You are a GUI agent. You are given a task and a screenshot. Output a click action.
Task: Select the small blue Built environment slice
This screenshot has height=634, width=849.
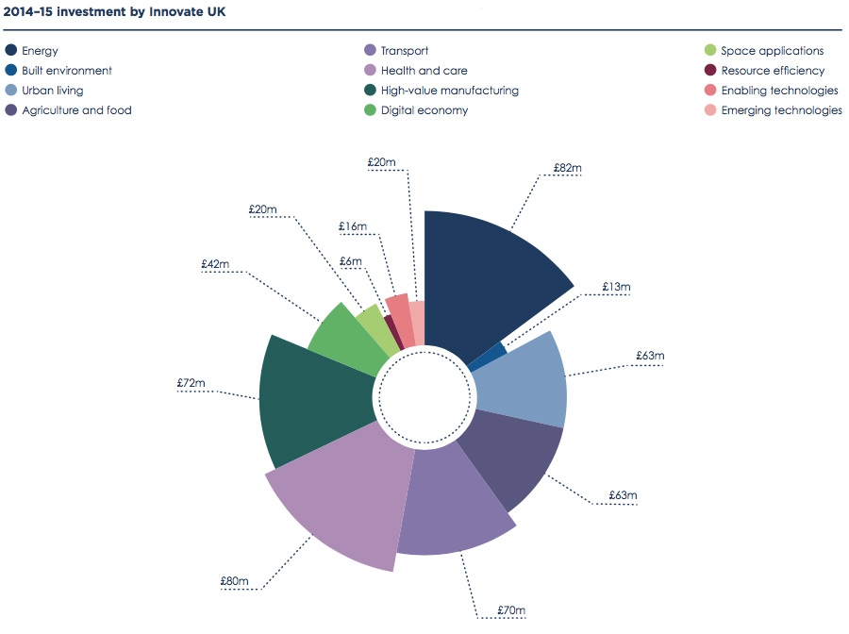tap(489, 356)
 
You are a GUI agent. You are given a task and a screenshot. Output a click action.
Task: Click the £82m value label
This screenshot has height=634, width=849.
tap(568, 168)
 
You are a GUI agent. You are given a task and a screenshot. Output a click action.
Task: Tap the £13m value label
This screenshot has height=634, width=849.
tap(616, 286)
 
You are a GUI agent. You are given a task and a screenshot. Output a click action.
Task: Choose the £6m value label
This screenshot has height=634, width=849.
tap(351, 261)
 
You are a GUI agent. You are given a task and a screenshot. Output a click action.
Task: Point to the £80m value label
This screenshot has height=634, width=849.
tap(236, 581)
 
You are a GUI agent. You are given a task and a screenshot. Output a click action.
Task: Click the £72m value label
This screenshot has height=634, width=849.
tap(191, 384)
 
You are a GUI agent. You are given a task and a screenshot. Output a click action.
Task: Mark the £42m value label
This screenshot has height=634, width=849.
tap(215, 265)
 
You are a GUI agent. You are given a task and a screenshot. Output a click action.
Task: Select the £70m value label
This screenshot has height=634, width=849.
tap(511, 610)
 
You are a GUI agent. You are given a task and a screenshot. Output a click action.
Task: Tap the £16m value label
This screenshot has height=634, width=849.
tap(353, 226)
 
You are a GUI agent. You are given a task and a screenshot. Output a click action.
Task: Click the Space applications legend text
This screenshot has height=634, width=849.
tap(772, 51)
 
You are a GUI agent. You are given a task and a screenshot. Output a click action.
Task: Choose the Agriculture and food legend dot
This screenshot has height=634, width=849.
tap(11, 110)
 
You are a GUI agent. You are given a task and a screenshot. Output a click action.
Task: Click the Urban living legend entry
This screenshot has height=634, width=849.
tap(52, 91)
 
